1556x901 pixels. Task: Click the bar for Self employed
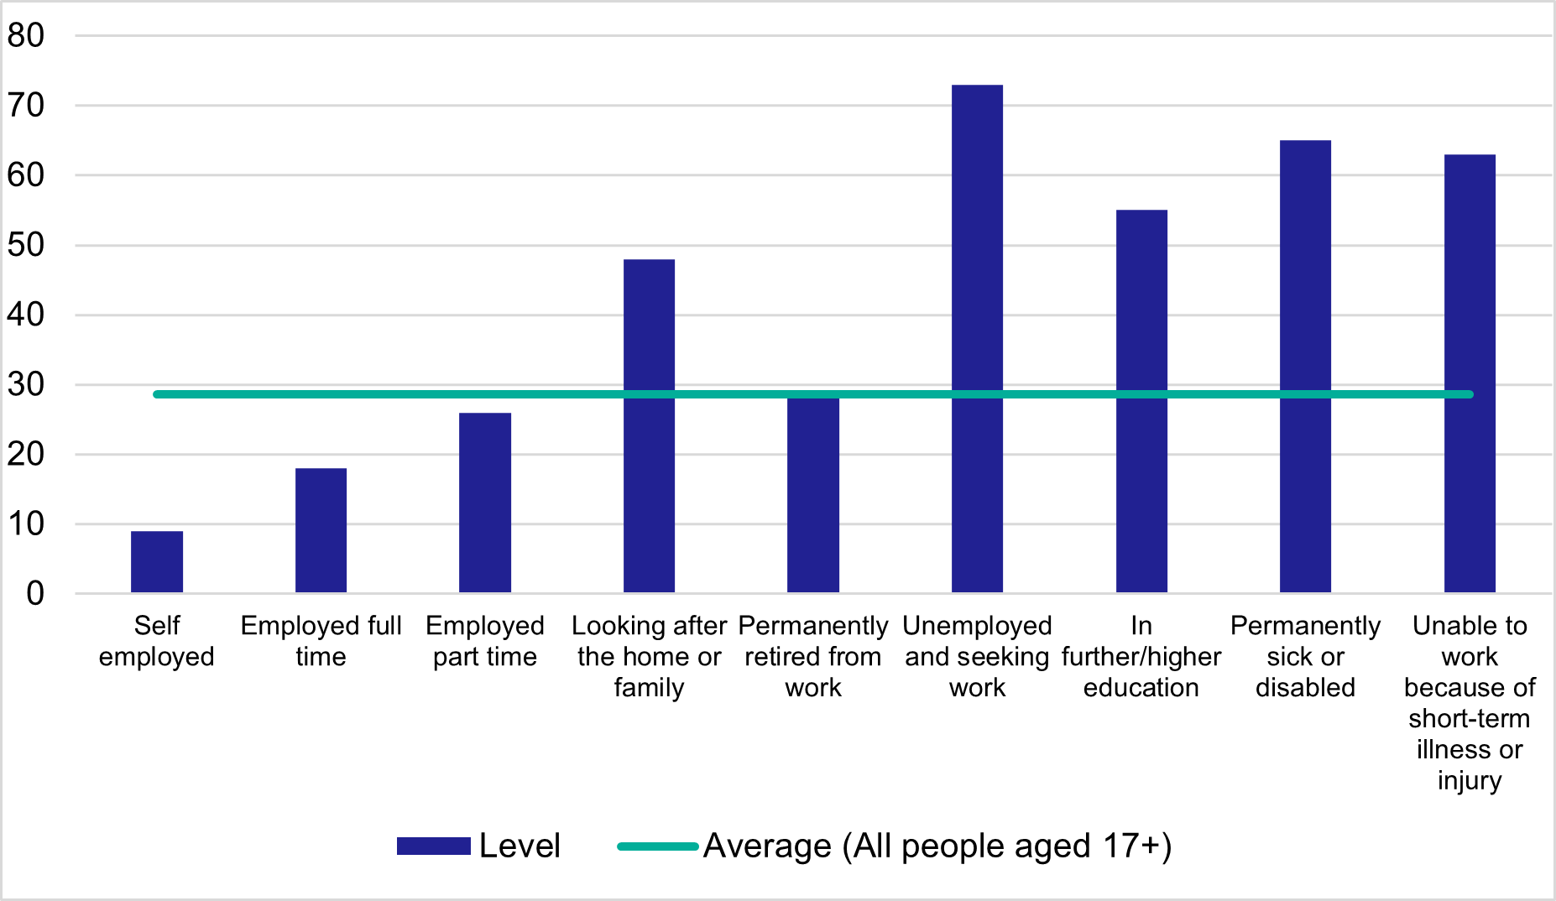pos(157,562)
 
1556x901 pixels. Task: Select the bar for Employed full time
pos(321,530)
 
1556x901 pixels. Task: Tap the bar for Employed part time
pos(485,503)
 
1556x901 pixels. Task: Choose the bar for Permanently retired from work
pos(813,495)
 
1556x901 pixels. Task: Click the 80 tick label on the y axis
pos(25,35)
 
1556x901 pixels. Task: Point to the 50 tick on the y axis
pos(25,245)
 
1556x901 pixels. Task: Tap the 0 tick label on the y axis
pos(34,593)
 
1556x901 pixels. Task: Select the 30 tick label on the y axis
pos(25,384)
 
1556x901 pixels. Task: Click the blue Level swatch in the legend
pos(433,846)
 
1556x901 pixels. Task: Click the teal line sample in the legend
pos(658,846)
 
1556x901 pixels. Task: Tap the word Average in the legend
pos(767,846)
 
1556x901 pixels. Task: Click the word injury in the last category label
pos(1469,780)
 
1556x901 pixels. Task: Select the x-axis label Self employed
pos(157,641)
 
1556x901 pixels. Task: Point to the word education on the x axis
pos(1141,688)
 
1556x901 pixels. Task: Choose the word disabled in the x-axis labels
pos(1305,688)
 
